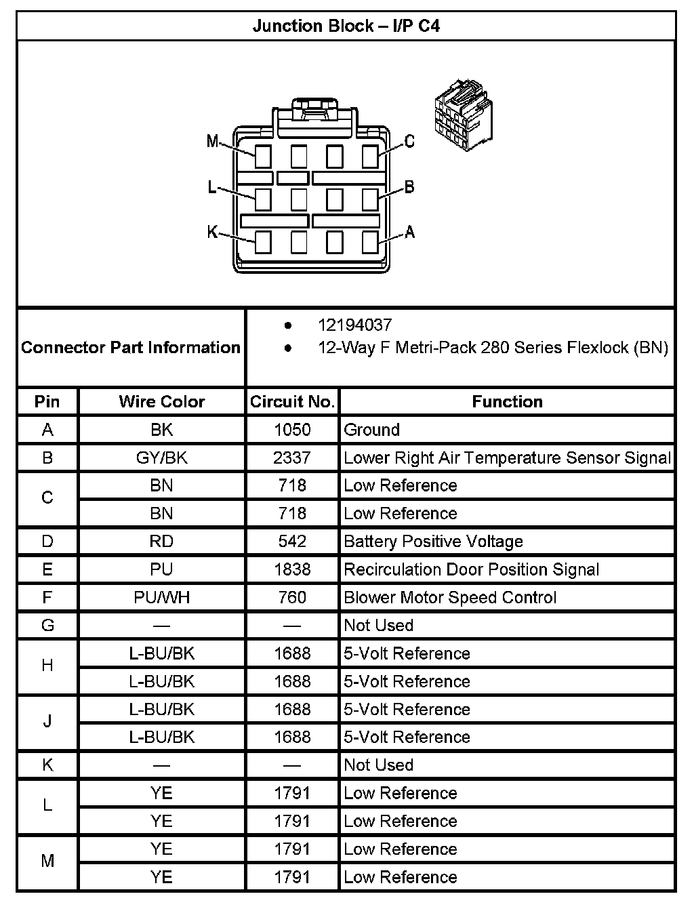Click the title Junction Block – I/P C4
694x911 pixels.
pyautogui.click(x=346, y=26)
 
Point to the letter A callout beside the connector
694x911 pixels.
pyautogui.click(x=409, y=232)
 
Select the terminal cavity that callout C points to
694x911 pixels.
pyautogui.click(x=370, y=157)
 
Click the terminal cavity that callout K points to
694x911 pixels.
pyautogui.click(x=263, y=242)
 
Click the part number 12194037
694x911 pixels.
pyautogui.click(x=354, y=325)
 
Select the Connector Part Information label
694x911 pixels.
pyautogui.click(x=131, y=348)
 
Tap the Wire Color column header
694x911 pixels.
pyautogui.click(x=161, y=401)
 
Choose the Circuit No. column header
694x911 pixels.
pyautogui.click(x=292, y=401)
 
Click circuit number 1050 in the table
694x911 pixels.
pyautogui.click(x=292, y=430)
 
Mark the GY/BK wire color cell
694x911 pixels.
pyautogui.click(x=161, y=458)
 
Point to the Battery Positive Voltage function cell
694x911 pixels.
pyautogui.click(x=433, y=542)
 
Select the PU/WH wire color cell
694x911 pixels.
pyautogui.click(x=161, y=597)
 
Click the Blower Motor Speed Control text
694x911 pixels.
pyautogui.click(x=450, y=597)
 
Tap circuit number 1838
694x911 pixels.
pyautogui.click(x=292, y=569)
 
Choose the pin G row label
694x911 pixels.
pyautogui.click(x=47, y=625)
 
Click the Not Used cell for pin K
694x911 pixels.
pyautogui.click(x=378, y=765)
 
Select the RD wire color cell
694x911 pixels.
pyautogui.click(x=161, y=542)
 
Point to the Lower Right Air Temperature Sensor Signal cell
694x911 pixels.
pyautogui.click(x=507, y=458)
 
